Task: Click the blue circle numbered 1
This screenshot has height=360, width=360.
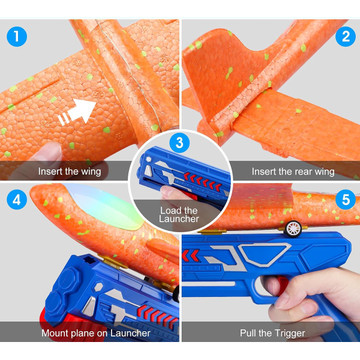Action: (16, 37)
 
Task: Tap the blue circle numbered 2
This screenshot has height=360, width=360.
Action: (346, 37)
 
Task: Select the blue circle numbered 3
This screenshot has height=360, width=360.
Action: (180, 143)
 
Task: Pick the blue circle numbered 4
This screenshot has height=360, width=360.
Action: (16, 199)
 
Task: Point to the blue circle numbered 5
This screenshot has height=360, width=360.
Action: (346, 199)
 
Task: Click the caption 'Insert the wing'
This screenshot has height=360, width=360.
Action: (69, 172)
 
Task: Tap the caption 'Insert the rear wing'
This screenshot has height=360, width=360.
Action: (293, 172)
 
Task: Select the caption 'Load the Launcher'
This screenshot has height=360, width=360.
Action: (179, 215)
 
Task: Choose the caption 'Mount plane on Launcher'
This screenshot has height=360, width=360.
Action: (96, 333)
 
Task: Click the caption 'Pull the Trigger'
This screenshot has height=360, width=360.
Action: (273, 333)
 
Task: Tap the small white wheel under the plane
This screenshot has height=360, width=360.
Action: (293, 229)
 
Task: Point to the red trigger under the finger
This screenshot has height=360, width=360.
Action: (283, 283)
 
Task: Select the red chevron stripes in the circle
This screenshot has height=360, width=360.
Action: (203, 182)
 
